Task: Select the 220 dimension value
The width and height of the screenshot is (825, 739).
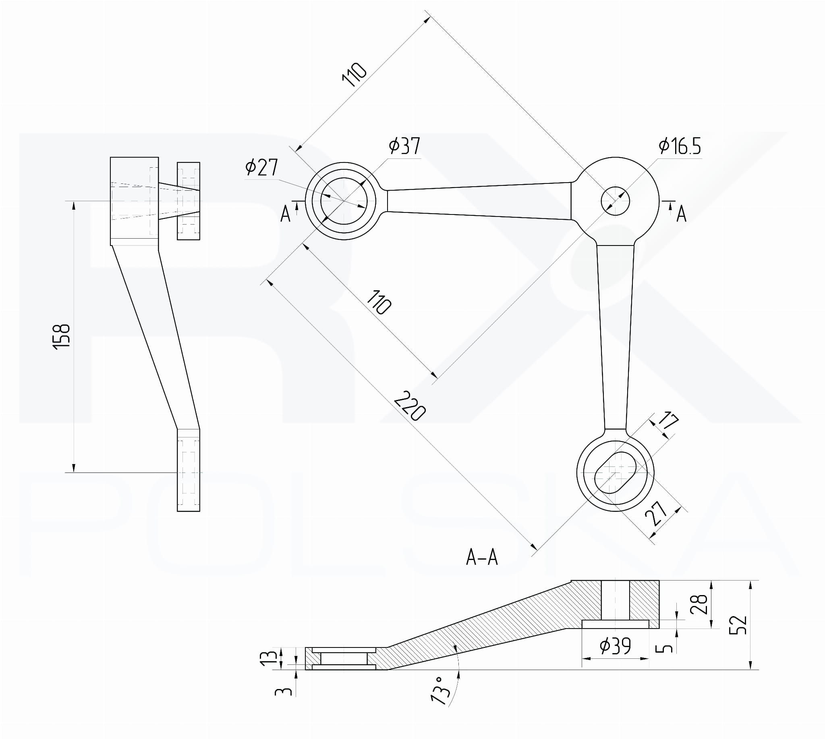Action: (x=410, y=406)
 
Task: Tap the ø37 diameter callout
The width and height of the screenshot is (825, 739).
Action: (x=404, y=146)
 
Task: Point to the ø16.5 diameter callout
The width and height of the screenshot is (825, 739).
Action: (x=680, y=146)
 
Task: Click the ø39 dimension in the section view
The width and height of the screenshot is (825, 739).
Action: (x=615, y=646)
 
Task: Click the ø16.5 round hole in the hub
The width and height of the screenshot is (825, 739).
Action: (x=615, y=201)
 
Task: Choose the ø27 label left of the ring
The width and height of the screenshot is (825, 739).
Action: (x=261, y=167)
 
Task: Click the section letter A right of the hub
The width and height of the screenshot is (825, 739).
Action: (x=681, y=214)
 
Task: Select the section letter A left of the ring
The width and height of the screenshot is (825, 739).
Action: (x=286, y=214)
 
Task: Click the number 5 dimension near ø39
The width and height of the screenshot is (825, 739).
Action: (x=664, y=647)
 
